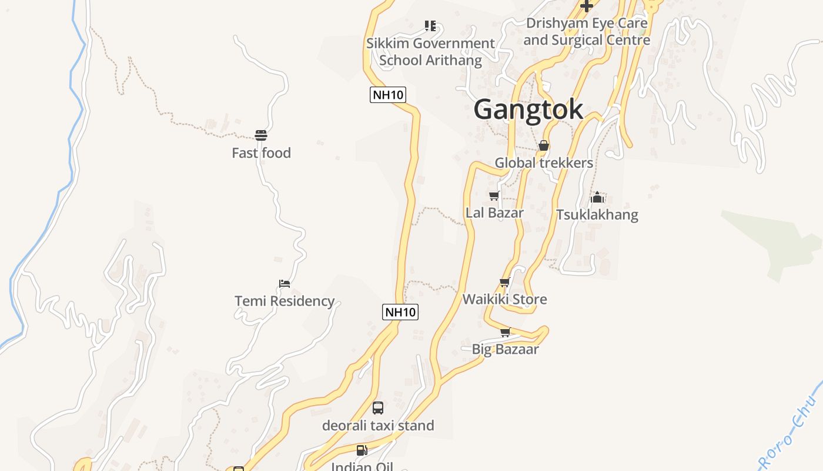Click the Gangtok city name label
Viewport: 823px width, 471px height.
tap(528, 110)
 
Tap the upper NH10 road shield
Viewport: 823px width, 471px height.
tap(388, 94)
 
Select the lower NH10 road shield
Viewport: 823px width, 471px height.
tap(400, 312)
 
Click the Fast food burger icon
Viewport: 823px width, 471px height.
tap(261, 135)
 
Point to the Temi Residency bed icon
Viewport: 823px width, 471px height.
tap(285, 284)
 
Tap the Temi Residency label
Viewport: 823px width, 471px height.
tap(285, 301)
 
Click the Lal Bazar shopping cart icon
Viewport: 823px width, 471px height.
tap(494, 195)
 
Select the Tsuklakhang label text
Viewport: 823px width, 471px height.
tap(597, 214)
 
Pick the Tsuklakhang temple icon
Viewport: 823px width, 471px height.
tap(597, 197)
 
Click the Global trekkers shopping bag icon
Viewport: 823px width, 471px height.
tap(544, 145)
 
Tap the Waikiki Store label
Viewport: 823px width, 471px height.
tap(504, 299)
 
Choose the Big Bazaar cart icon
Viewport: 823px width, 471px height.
tap(505, 332)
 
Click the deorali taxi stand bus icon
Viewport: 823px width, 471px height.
tap(378, 407)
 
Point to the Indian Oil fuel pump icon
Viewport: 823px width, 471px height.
tap(362, 450)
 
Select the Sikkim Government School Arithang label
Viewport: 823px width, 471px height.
tap(430, 51)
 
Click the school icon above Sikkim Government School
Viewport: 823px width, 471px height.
tap(430, 26)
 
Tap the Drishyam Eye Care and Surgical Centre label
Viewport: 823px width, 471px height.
tap(587, 32)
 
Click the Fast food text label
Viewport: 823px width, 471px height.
tap(261, 153)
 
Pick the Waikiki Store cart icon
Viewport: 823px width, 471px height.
tap(504, 283)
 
